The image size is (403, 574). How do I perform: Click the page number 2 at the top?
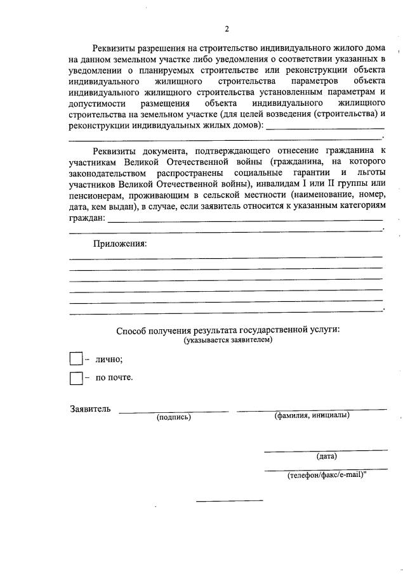226,29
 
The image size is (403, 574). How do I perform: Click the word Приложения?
120,244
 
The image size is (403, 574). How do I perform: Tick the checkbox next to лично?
76,359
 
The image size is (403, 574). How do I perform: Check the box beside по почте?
76,378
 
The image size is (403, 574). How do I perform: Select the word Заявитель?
90,408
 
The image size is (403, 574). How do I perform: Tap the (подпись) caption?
173,417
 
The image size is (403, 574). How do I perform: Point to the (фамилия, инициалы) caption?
312,416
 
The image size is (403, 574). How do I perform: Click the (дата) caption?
326,456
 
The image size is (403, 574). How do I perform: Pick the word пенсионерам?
98,195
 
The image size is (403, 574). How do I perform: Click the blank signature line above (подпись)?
173,412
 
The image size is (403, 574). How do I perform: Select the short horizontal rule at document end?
229,501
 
